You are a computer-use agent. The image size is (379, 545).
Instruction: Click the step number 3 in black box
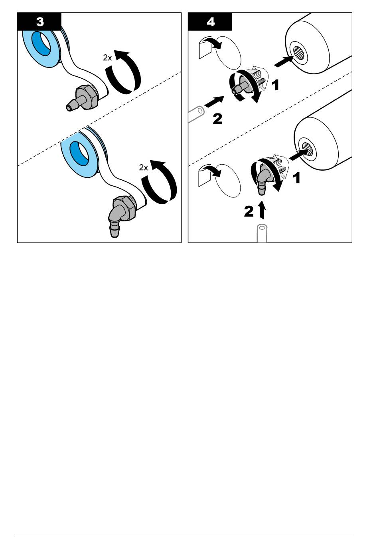point(40,22)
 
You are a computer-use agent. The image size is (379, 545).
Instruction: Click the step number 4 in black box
point(211,22)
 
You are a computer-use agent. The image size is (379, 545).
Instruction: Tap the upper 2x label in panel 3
point(107,58)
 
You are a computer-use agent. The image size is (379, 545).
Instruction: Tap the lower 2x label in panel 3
point(143,168)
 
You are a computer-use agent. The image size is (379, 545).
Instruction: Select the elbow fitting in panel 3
point(120,215)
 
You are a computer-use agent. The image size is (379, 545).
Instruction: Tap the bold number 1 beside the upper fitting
point(275,86)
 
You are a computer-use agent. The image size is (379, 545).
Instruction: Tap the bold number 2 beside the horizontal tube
point(217,119)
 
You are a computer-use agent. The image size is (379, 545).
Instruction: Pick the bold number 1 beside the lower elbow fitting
point(296,178)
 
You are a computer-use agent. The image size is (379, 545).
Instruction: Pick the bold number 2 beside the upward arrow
point(249,211)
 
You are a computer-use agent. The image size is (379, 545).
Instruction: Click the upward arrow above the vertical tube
point(262,210)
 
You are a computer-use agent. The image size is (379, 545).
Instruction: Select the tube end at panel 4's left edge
point(196,114)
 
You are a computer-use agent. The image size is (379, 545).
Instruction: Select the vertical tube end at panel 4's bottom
point(262,234)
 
